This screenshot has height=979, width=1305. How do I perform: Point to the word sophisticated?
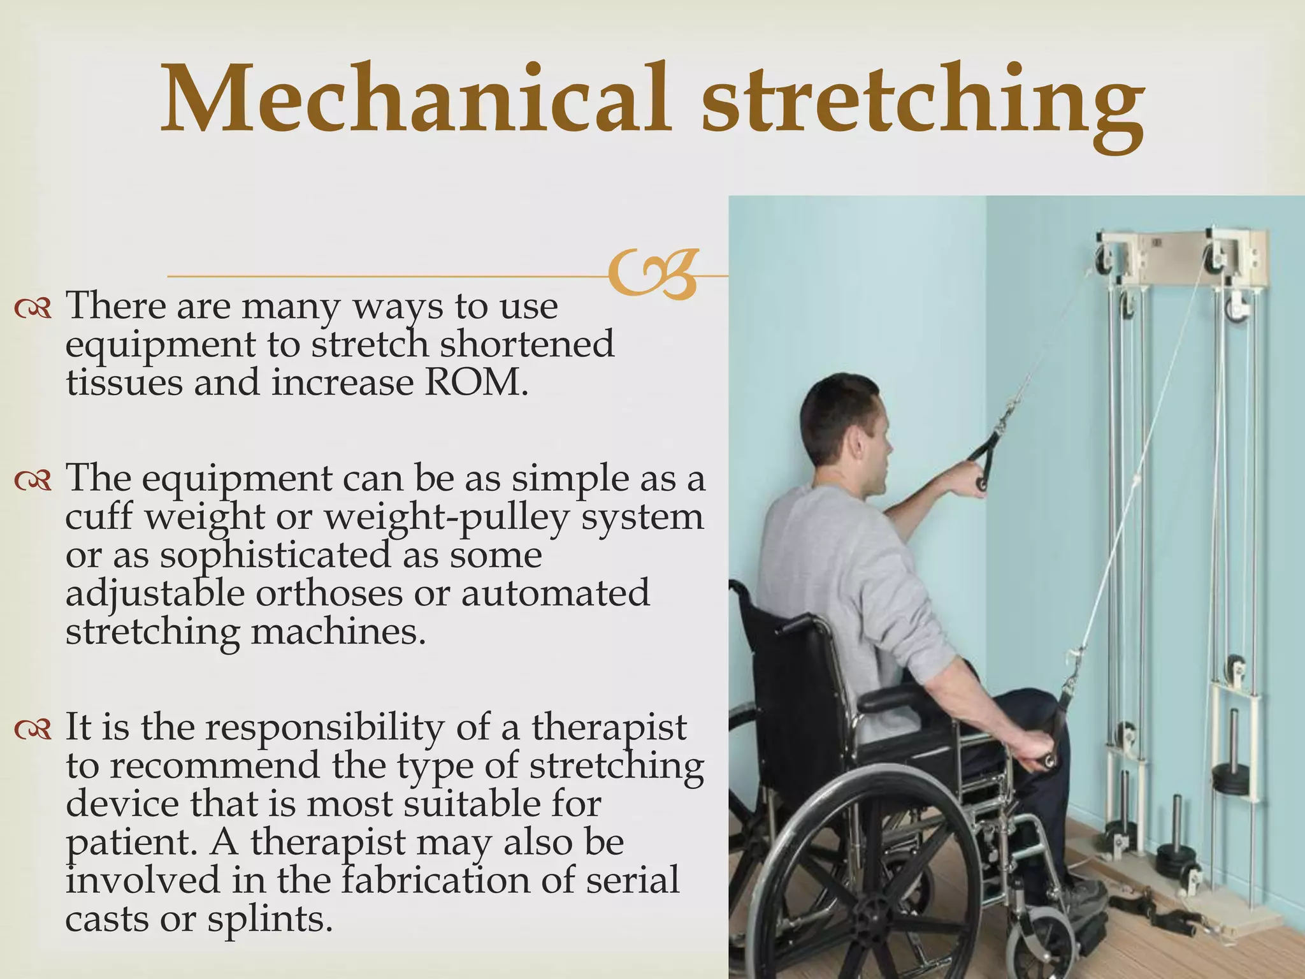pyautogui.click(x=275, y=556)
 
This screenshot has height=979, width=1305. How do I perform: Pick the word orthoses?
pyautogui.click(x=329, y=593)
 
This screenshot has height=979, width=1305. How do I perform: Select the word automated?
pyautogui.click(x=555, y=593)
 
